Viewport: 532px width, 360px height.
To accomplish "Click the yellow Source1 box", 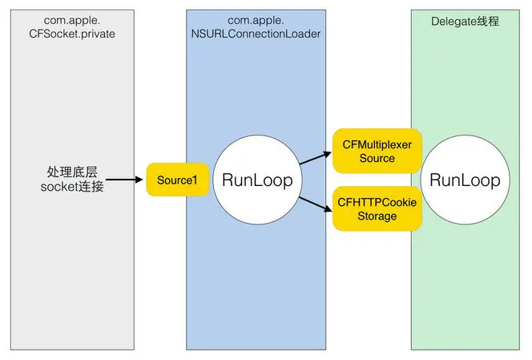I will click(x=177, y=180).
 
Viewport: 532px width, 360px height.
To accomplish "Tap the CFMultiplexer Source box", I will click(x=376, y=151).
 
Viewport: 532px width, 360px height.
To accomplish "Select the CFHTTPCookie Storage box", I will click(x=376, y=208).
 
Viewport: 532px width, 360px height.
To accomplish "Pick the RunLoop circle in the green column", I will click(x=465, y=180).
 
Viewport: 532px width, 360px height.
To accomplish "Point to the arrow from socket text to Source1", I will click(x=123, y=180).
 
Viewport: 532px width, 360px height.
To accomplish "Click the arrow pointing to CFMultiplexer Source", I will click(x=315, y=160).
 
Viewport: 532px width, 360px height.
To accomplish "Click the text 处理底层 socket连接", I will click(x=71, y=180).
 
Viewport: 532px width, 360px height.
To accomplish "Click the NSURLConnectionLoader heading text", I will click(x=256, y=34).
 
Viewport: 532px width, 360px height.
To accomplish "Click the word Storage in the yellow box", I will click(x=376, y=216).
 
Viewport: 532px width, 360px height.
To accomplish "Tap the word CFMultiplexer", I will click(x=376, y=144).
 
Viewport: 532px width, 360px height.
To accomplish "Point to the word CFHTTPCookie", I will click(x=376, y=202).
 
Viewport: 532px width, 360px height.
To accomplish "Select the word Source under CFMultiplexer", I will click(x=376, y=158).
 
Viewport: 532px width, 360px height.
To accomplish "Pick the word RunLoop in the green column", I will click(x=465, y=180).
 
